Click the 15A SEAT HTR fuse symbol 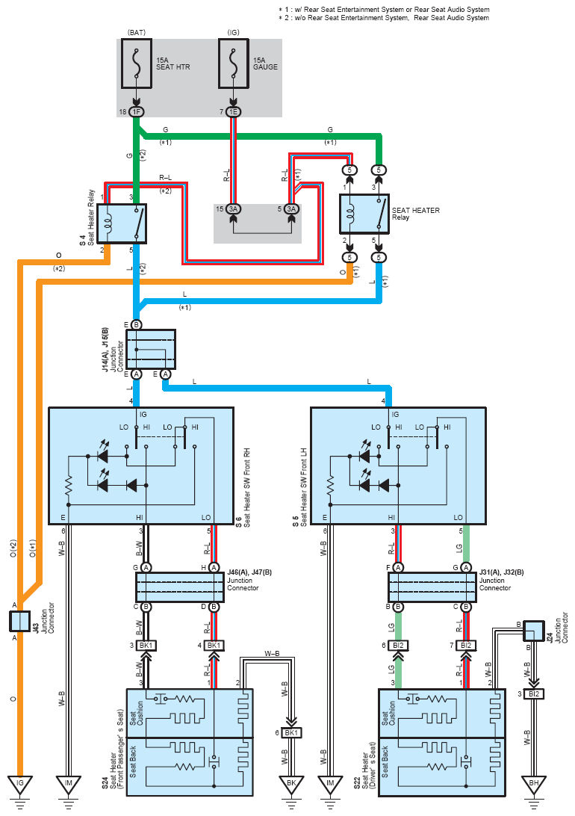coord(136,63)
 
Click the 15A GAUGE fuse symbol coord(234,63)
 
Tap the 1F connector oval coord(136,112)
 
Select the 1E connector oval coord(234,112)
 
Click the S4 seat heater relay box coord(125,223)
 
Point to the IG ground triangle coord(19,784)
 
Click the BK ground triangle coord(291,784)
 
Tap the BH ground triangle coord(534,784)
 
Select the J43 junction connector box coord(19,622)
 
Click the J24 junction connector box coord(533,631)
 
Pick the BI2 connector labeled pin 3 coord(534,693)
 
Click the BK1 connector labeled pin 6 coord(291,733)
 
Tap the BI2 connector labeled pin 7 coord(466,646)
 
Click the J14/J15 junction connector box coord(151,349)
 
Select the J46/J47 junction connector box coord(180,587)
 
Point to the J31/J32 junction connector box coord(432,587)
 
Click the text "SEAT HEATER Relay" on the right coord(415,214)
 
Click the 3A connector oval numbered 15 coord(234,209)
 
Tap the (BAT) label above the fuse coord(136,32)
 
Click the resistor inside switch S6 coord(68,485)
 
